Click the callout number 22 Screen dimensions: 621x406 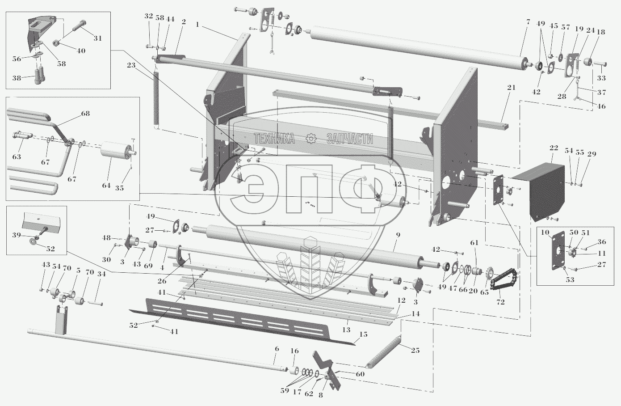coord(554,148)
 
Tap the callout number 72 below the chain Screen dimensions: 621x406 coord(500,302)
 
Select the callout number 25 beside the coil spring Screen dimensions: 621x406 coord(415,351)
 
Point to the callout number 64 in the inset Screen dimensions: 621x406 coord(106,186)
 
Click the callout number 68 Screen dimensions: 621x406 coord(85,113)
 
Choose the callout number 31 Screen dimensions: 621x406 coord(97,38)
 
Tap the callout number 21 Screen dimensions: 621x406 coord(511,88)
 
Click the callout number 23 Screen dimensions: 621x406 coord(131,65)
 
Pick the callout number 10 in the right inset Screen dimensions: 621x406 coord(545,232)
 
